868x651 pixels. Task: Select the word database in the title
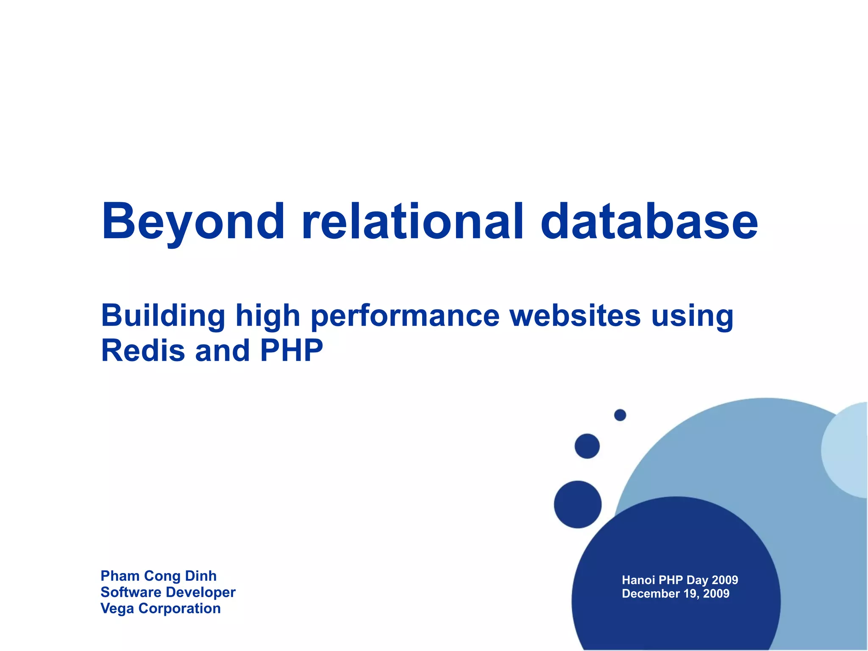[x=649, y=221]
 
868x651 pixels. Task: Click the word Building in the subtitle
[x=163, y=316]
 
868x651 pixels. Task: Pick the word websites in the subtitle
[x=575, y=315]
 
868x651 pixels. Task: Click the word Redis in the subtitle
[x=143, y=351]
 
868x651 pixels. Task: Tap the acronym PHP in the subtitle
[x=291, y=351]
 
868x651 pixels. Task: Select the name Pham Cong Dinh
[x=159, y=576]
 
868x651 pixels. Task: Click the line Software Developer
[x=168, y=592]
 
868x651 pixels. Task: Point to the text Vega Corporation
[x=160, y=608]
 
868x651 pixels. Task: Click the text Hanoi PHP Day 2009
[x=680, y=580]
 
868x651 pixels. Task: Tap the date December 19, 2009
[x=676, y=593]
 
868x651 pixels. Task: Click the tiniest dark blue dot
[x=620, y=415]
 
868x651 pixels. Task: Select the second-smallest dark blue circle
[x=587, y=446]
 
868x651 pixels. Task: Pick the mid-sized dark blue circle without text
[x=578, y=504]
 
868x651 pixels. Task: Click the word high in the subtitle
[x=267, y=316]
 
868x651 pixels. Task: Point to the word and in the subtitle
[x=222, y=351]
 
